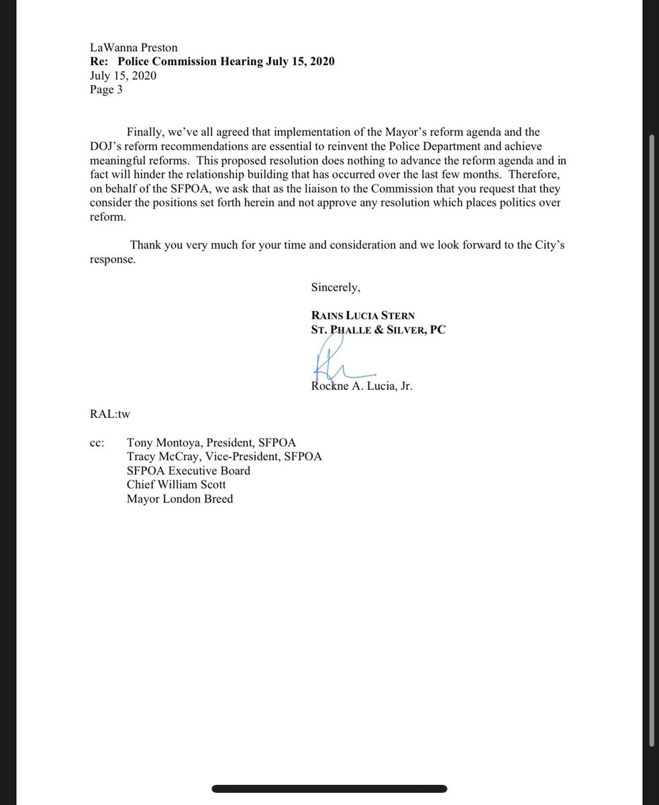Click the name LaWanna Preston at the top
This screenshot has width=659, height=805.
click(x=134, y=48)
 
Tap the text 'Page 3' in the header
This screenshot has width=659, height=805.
click(x=106, y=90)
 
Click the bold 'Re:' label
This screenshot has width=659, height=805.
click(x=99, y=62)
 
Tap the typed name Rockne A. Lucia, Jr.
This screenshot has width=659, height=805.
click(x=361, y=386)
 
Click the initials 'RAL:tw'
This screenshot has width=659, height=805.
click(x=109, y=414)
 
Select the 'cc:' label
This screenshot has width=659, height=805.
click(x=97, y=443)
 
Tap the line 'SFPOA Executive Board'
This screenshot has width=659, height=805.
click(x=188, y=471)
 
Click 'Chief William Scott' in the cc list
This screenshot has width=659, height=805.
click(x=176, y=484)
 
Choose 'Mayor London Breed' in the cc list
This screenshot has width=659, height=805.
click(x=179, y=498)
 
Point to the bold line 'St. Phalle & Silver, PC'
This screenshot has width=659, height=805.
click(x=378, y=329)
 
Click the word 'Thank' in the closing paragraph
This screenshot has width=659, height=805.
click(x=146, y=245)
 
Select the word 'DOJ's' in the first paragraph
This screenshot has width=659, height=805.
click(x=107, y=146)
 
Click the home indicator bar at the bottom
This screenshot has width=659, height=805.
click(x=329, y=789)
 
